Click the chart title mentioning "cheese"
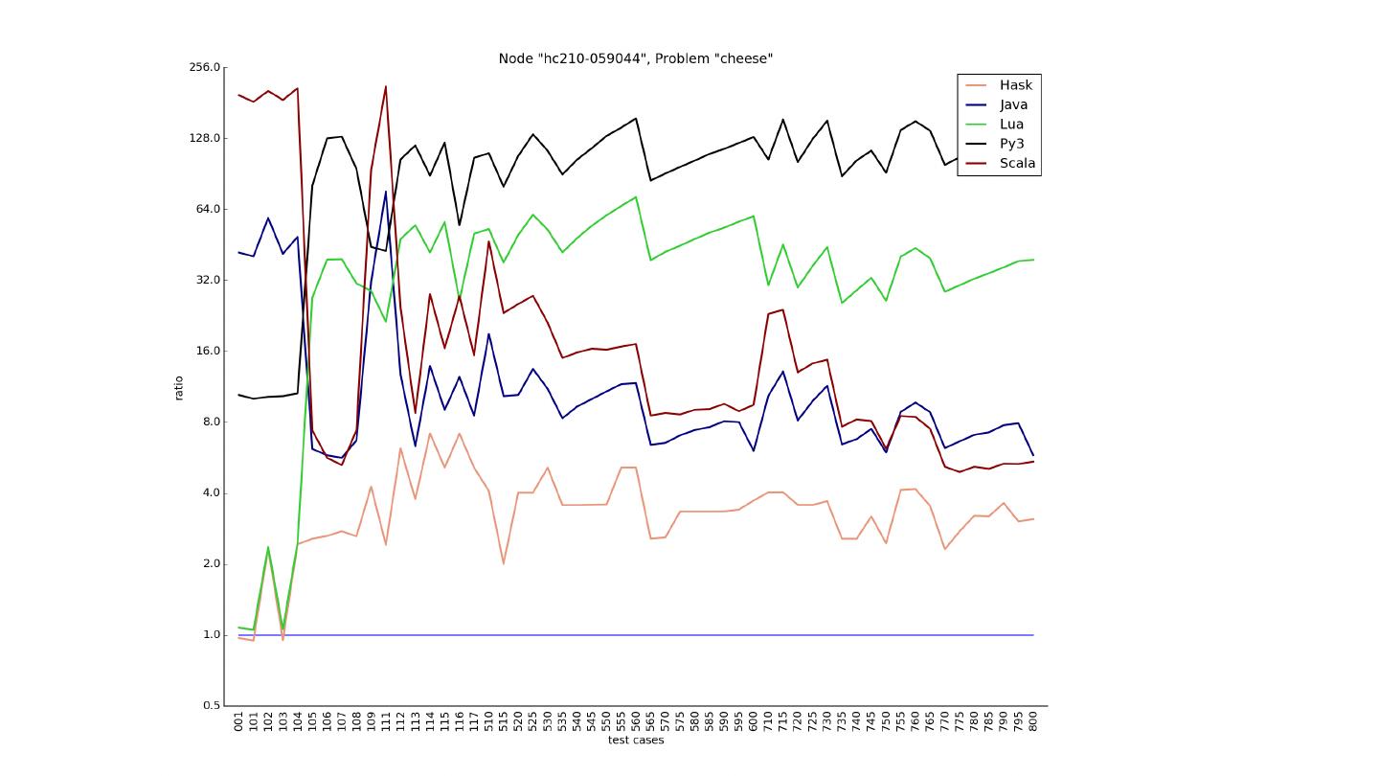pos(635,58)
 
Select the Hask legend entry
pos(1015,85)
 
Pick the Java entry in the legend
pos(1013,104)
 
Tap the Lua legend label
pos(1011,125)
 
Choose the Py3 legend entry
pos(1011,144)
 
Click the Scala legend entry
pos(1017,163)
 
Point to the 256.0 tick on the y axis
pos(204,67)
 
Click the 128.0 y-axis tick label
pos(204,138)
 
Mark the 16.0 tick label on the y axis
pos(207,351)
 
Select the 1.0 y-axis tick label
pos(210,634)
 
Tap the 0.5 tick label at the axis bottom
pos(210,706)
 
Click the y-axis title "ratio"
pos(179,387)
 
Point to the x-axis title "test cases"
pos(635,740)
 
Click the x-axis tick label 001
pos(238,720)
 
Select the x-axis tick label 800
pos(1033,720)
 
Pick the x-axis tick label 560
pos(635,720)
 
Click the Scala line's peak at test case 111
pos(386,86)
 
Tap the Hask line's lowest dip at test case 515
pos(504,563)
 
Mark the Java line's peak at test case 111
pos(386,192)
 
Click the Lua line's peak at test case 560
pos(636,197)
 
